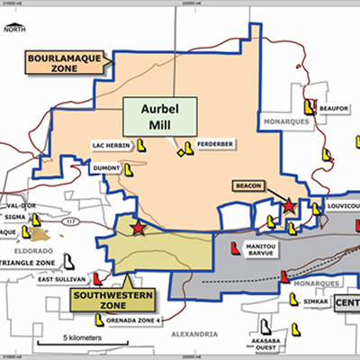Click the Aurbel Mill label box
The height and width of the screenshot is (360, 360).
pos(161,116)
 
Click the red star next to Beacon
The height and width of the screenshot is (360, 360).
pos(289,207)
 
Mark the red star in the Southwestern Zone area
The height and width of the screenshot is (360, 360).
pos(138,229)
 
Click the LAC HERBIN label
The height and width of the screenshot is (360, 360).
pos(112,144)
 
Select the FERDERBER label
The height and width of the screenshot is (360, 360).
pos(217,144)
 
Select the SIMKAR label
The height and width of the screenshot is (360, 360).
pos(316,303)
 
